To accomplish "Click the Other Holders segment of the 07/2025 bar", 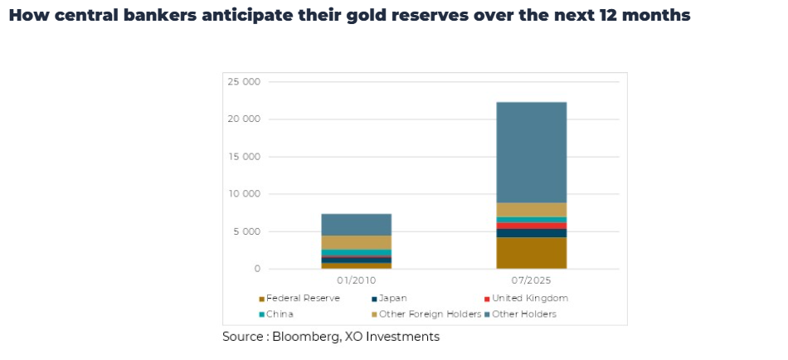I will (531, 152).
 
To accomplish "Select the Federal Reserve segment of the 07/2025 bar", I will (531, 253).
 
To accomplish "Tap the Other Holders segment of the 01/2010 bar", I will (356, 224).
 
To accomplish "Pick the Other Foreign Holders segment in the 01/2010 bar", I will (356, 242).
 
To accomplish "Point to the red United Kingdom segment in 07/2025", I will (531, 226).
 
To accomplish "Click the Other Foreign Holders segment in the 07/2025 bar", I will (531, 210).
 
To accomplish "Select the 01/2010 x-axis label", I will (356, 281).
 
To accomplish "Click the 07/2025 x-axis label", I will (531, 281).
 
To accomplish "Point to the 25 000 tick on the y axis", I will (245, 82).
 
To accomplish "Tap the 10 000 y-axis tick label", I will (245, 194).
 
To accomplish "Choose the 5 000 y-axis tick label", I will (247, 231).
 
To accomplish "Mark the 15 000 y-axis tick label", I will (245, 157).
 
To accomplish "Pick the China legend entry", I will (280, 314).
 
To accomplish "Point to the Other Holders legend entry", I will (523, 314).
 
